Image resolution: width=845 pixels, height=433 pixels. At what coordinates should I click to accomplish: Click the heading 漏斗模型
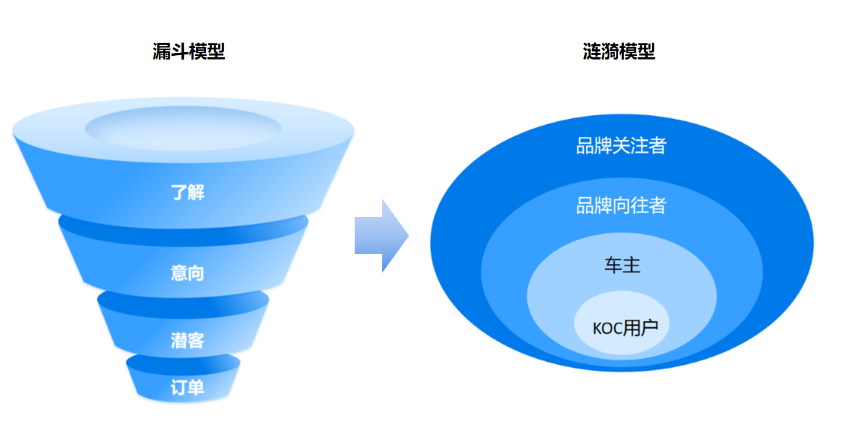point(189,52)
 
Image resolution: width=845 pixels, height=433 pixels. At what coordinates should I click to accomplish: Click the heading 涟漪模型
point(619,52)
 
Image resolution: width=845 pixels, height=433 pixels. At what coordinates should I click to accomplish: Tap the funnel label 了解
point(188,193)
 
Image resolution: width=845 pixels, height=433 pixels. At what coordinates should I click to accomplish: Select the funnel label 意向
point(187,273)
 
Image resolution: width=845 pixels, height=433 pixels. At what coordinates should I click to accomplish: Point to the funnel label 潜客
point(187,339)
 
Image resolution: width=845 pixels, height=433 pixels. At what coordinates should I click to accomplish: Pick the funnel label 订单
point(187,387)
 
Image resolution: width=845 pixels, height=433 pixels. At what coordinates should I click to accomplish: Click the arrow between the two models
point(381,236)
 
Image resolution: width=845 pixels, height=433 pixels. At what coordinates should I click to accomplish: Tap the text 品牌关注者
point(621,146)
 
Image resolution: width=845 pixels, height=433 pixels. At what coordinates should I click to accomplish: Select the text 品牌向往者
point(621,206)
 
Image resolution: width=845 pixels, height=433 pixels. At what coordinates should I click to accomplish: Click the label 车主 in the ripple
point(622,265)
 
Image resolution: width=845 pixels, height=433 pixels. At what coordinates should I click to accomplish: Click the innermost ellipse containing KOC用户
point(622,341)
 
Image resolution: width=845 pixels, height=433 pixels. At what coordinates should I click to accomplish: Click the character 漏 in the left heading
point(162,52)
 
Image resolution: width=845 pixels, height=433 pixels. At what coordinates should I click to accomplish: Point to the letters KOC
point(609,328)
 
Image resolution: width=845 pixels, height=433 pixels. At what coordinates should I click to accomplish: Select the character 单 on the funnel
point(196,387)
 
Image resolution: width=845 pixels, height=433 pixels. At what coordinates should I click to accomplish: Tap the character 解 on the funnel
point(197,193)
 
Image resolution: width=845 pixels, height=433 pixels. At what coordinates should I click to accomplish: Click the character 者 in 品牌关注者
point(657,146)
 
